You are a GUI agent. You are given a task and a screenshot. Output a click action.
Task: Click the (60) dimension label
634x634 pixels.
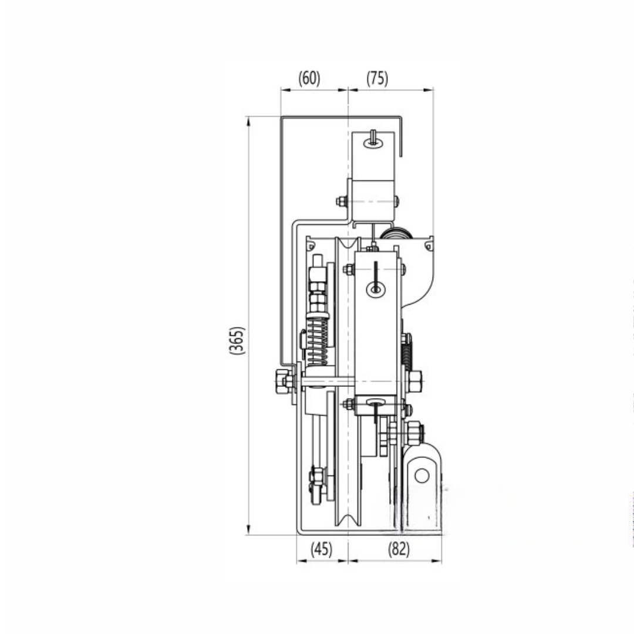click(309, 78)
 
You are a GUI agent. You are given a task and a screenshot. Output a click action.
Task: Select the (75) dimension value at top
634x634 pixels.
click(377, 78)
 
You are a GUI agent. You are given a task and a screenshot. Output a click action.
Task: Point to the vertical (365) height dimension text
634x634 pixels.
click(237, 340)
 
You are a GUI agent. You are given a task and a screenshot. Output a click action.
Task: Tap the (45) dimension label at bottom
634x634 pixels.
click(321, 549)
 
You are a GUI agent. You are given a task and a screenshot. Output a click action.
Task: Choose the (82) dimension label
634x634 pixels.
click(399, 549)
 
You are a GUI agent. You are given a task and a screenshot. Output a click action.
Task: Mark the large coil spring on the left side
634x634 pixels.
click(317, 340)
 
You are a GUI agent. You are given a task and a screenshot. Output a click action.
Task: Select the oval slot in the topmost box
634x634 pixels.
click(372, 143)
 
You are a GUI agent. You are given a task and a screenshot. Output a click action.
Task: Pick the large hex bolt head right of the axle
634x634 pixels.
click(414, 381)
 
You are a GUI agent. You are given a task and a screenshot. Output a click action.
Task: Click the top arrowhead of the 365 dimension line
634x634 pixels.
click(249, 120)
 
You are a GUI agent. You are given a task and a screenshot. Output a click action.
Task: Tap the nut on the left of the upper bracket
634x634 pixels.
click(341, 201)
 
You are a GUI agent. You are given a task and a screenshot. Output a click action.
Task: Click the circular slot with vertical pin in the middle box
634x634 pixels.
click(375, 288)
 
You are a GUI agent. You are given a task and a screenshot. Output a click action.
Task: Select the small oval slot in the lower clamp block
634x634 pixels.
click(374, 402)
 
